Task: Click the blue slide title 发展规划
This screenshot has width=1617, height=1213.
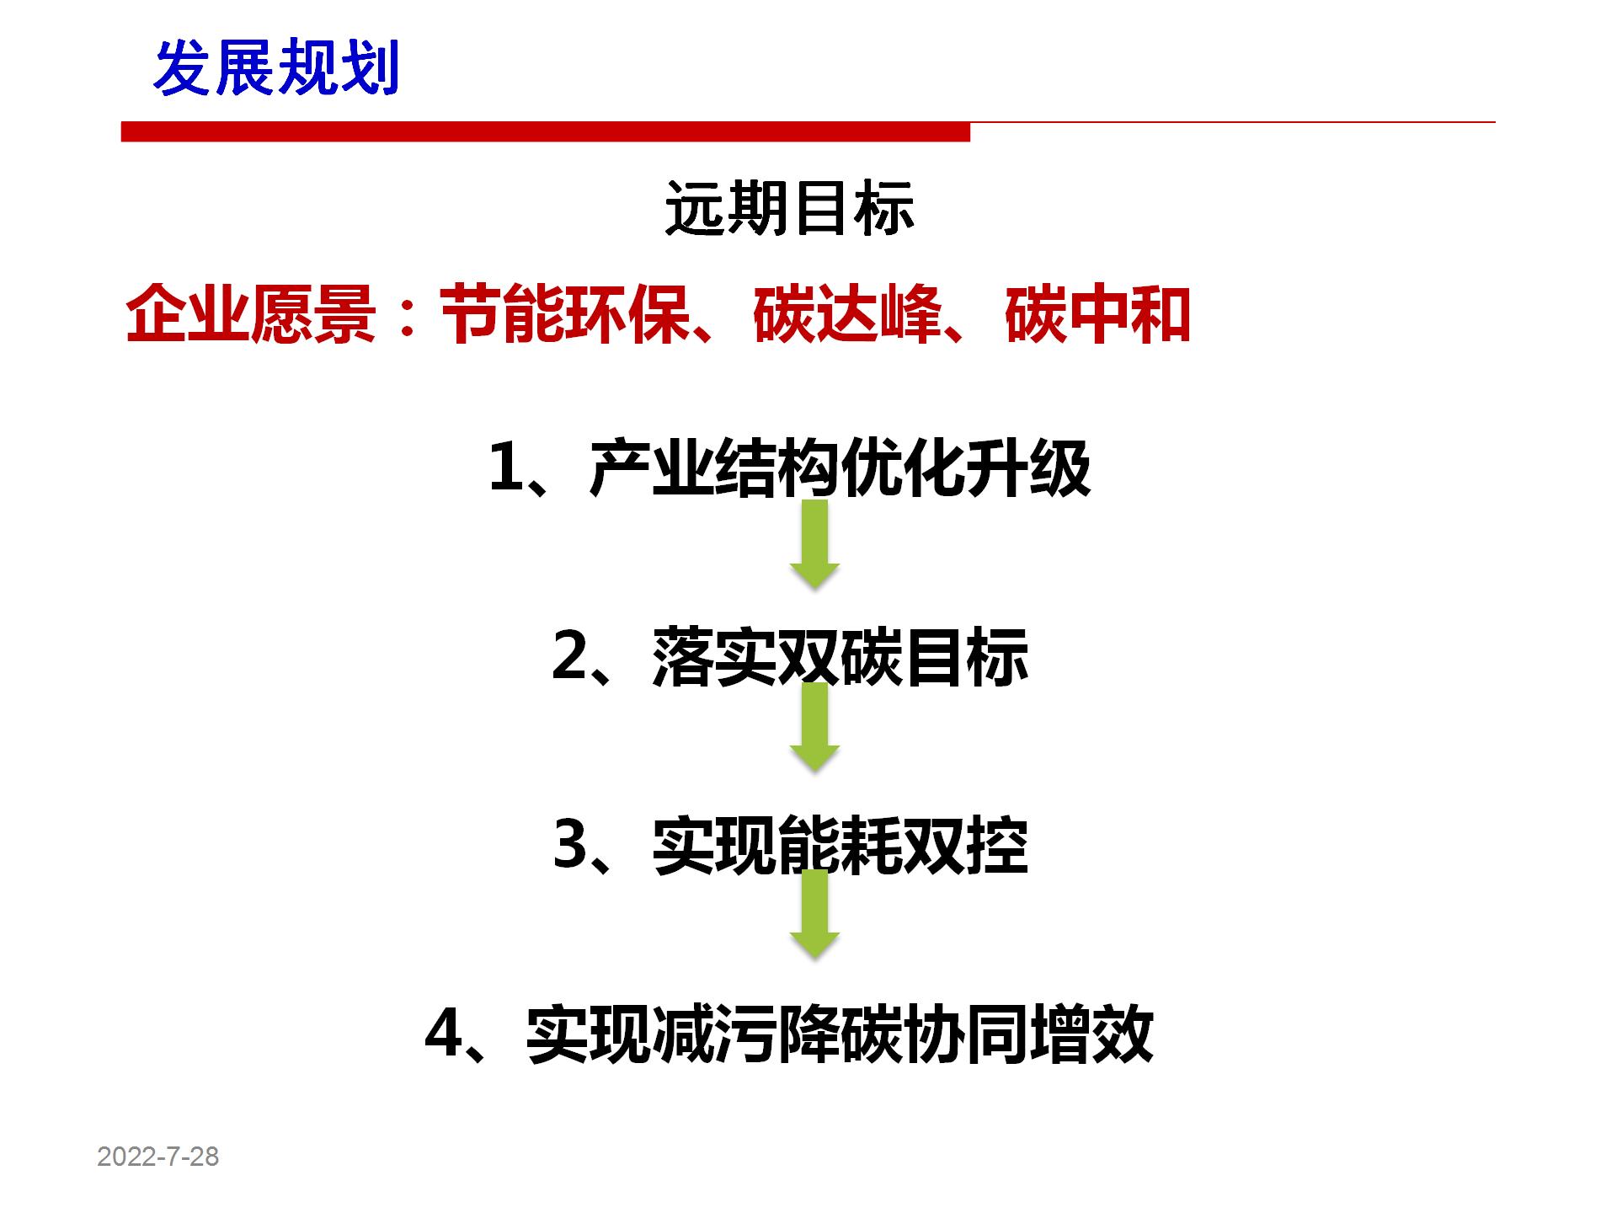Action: pyautogui.click(x=276, y=68)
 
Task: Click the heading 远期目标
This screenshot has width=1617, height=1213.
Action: pyautogui.click(x=789, y=208)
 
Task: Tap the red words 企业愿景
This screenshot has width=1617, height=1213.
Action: pyautogui.click(x=250, y=315)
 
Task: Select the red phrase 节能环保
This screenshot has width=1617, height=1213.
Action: pyautogui.click(x=564, y=315)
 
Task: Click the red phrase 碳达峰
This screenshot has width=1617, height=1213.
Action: pyautogui.click(x=846, y=315)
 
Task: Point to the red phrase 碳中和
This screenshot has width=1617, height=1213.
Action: pyautogui.click(x=1097, y=315)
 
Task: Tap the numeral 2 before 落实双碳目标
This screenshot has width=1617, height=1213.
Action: pyautogui.click(x=570, y=656)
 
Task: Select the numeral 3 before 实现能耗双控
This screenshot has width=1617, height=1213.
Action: pyautogui.click(x=570, y=845)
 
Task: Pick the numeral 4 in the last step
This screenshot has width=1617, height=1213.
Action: pyautogui.click(x=444, y=1034)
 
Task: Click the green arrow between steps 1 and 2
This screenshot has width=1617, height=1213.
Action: pyautogui.click(x=814, y=544)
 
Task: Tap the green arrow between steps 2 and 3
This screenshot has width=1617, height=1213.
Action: pyautogui.click(x=814, y=728)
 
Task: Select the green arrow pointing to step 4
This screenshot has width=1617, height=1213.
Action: pyautogui.click(x=814, y=915)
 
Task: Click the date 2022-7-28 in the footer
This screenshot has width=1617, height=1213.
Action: pyautogui.click(x=158, y=1157)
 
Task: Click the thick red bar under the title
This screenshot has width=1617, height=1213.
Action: pyautogui.click(x=546, y=131)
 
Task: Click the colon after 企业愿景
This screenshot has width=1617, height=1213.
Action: pyautogui.click(x=408, y=317)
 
